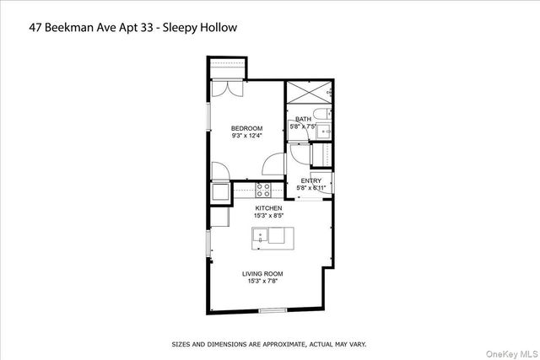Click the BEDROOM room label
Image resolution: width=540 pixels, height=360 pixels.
point(246,128)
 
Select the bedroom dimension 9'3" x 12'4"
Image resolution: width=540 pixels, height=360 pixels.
point(246,136)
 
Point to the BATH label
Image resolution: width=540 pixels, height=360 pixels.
point(303,119)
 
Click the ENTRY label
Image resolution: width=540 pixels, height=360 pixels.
point(310,180)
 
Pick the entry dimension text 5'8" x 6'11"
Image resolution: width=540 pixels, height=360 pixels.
point(310,187)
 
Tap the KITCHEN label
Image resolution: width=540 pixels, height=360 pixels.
point(269,207)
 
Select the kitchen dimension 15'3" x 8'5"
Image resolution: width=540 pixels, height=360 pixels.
point(269,215)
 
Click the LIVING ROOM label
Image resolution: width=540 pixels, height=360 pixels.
point(262,274)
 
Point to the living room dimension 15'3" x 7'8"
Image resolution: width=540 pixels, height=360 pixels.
point(262,282)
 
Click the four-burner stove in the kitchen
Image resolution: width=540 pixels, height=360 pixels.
point(263,189)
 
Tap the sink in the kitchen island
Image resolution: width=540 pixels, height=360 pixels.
point(261,235)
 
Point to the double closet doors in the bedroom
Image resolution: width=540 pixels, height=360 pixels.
point(227,88)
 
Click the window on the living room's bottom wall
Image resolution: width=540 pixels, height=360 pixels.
point(272,310)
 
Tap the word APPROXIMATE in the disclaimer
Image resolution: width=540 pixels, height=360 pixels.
point(280,345)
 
